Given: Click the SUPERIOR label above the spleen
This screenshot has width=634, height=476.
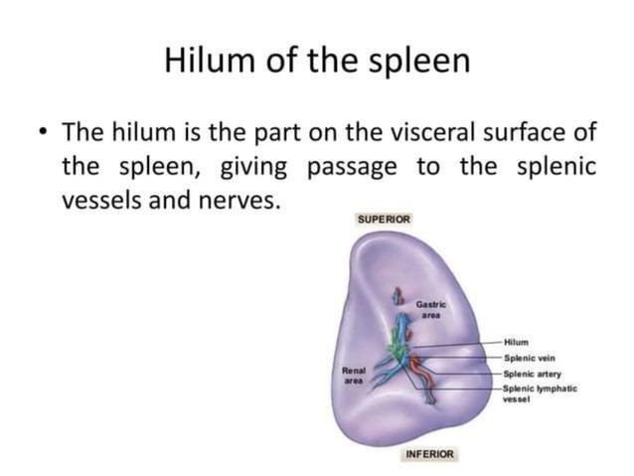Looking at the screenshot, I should coord(384,219).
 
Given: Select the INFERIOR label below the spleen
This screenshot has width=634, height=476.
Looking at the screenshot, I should coord(429,454).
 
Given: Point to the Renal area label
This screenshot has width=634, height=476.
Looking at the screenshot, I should coord(356,374).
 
